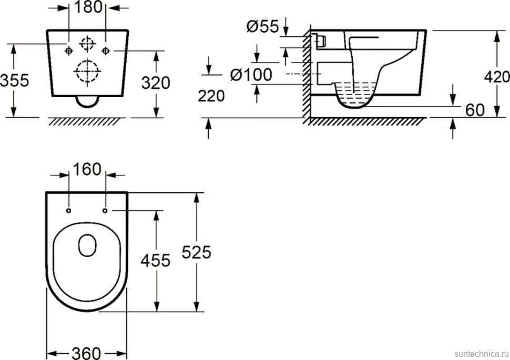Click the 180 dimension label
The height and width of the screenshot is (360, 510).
(88, 7)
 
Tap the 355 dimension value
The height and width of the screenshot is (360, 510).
(15, 80)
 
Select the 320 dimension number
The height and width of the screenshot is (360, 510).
(156, 83)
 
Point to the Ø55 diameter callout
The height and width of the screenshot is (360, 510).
(263, 26)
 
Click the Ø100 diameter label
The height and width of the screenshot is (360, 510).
(251, 75)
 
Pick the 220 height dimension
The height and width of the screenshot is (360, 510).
(211, 96)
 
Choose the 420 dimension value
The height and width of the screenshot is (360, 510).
(497, 77)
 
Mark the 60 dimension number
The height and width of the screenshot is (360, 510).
(475, 110)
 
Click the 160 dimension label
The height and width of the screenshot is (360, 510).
(87, 169)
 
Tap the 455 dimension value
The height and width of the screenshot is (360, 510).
(156, 261)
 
